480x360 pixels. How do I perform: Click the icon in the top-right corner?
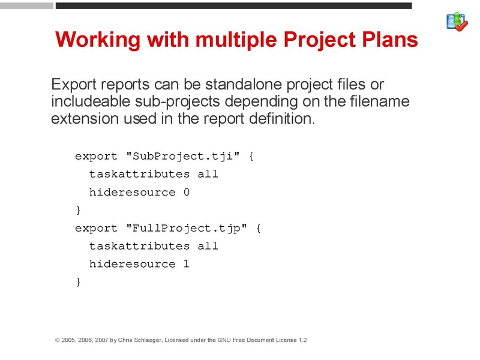(x=457, y=22)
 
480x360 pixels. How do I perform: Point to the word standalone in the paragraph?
(x=230, y=84)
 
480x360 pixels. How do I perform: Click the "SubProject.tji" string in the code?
(x=183, y=157)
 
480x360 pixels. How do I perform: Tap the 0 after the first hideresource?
(x=187, y=193)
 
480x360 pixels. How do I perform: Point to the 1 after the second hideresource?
(x=187, y=264)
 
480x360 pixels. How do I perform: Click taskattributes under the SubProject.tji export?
(x=140, y=175)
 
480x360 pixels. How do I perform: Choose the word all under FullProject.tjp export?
(x=208, y=246)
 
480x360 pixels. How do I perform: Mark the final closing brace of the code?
(x=78, y=282)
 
